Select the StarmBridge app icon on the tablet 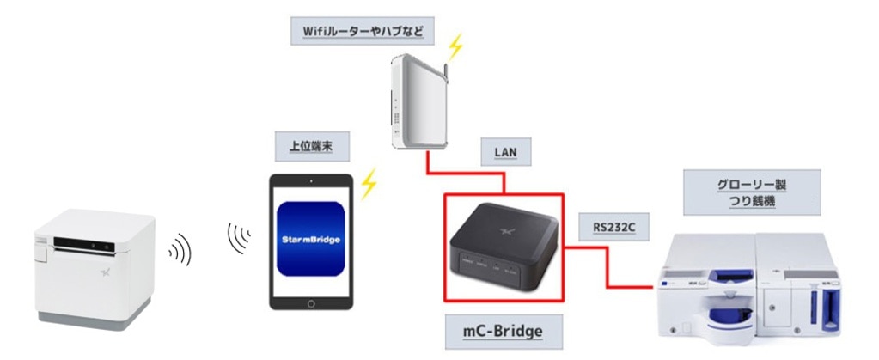pyautogui.click(x=310, y=238)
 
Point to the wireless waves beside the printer pyautogui.click(x=180, y=249)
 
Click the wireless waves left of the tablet pyautogui.click(x=239, y=236)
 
